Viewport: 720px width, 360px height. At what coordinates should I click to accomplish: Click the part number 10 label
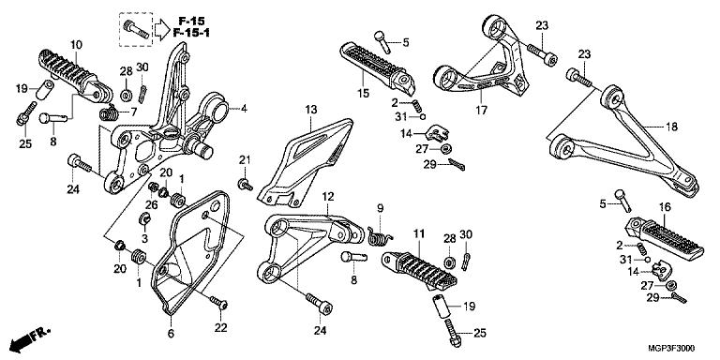coord(76,45)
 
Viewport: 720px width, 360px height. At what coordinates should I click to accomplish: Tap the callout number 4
coord(244,109)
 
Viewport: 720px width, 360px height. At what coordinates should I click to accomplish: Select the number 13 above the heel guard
coord(311,110)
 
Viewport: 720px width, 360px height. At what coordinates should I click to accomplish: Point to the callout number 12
coord(328,197)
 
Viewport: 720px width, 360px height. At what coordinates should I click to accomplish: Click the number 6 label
coord(171,334)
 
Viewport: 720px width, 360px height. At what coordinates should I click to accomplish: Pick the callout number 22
coord(221,328)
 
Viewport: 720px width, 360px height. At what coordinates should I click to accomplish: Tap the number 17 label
coord(482,111)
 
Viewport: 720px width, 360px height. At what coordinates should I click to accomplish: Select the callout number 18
coord(672,127)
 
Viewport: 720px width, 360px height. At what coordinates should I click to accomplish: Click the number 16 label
coord(665,207)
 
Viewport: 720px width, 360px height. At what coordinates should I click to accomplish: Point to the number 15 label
coord(363,94)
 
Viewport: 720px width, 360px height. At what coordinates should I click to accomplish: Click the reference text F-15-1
coord(191,33)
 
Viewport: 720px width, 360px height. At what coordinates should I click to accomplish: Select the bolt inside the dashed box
coord(136,28)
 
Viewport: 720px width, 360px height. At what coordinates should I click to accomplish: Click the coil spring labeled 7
coord(109,112)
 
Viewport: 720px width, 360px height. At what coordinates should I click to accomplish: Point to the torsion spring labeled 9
coord(381,234)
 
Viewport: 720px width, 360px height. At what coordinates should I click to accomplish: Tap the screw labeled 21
coord(245,185)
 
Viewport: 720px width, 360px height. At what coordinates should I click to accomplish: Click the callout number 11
coord(418,234)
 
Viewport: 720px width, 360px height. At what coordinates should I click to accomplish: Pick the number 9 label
coord(381,208)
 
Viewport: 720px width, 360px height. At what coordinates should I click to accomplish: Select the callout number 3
coord(144,238)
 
